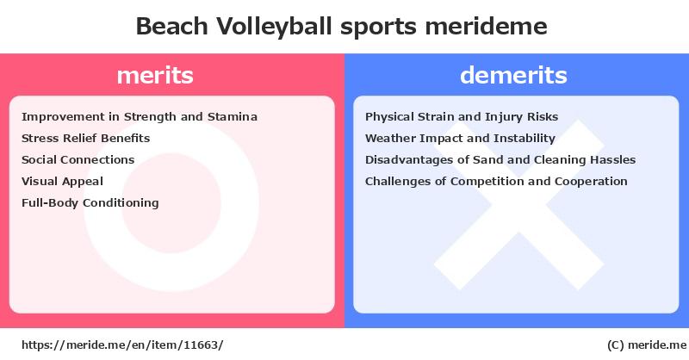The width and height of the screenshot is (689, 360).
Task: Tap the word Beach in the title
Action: click(171, 26)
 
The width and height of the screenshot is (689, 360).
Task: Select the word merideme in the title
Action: click(486, 26)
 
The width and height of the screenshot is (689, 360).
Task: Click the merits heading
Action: click(155, 75)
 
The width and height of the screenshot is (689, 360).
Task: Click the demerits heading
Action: click(513, 75)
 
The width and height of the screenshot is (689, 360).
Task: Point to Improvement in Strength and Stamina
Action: click(140, 117)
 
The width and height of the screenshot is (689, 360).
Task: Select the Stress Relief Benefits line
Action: click(85, 138)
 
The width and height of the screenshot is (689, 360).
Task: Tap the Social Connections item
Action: click(78, 159)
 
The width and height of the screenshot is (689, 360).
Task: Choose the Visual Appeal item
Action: click(62, 182)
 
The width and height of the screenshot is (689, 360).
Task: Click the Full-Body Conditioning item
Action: click(90, 203)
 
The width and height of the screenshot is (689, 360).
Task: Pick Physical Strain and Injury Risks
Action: click(462, 117)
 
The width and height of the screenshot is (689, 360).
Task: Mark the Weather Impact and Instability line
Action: click(460, 139)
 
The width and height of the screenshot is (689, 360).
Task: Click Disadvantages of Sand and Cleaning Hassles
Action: click(500, 160)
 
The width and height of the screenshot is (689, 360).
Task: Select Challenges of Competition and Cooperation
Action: click(496, 182)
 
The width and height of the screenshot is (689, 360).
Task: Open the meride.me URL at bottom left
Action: click(122, 345)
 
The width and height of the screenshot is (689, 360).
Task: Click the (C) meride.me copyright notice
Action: click(647, 345)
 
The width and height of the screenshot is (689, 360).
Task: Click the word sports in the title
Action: click(378, 28)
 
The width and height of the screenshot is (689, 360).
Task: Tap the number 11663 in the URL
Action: click(201, 345)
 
